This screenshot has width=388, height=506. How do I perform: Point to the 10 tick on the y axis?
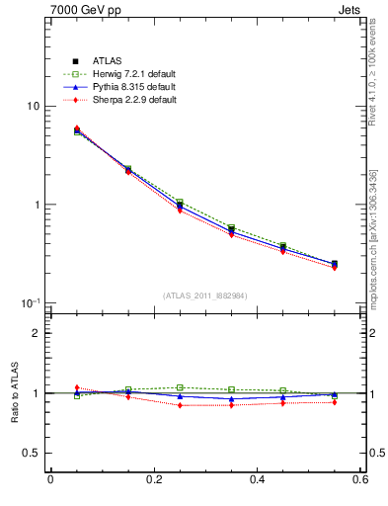pyautogui.click(x=33, y=107)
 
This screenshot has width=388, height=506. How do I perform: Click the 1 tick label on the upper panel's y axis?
pyautogui.click(x=36, y=206)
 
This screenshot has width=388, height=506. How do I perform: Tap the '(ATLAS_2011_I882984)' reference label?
pyautogui.click(x=204, y=295)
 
